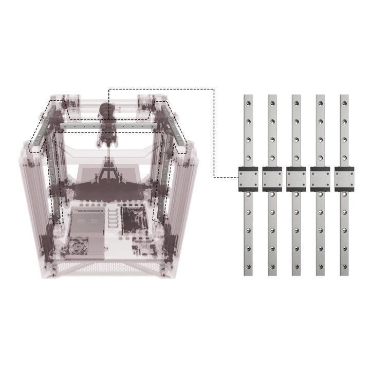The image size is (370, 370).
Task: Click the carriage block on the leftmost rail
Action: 248,179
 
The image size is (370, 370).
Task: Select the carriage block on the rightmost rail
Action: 344,179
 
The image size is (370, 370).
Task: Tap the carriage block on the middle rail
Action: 296,179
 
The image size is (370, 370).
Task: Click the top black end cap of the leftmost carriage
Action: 248,169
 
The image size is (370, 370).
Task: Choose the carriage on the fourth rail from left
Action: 320,179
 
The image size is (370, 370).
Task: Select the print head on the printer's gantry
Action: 107,123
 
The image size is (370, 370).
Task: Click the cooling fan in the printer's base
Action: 79,247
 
